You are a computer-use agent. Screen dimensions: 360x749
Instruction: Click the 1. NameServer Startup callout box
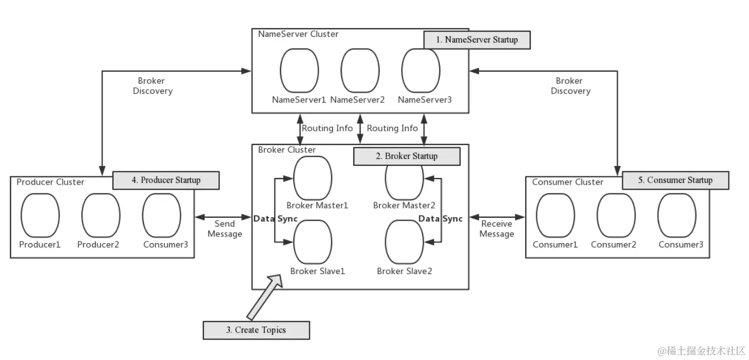[x=477, y=40]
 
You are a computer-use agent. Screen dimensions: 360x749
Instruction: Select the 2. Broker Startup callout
[x=406, y=156]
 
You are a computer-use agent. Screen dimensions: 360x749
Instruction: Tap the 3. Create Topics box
[x=256, y=330]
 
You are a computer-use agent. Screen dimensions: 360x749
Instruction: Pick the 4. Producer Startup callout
[x=166, y=180]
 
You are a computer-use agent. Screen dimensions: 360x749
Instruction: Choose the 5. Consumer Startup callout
[x=675, y=180]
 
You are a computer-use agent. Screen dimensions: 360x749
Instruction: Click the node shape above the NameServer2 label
[x=360, y=70]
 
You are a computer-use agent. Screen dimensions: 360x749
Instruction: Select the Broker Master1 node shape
[x=312, y=176]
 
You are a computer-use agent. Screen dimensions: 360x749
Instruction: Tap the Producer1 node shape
[x=40, y=215]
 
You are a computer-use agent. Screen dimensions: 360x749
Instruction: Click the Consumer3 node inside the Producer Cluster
[x=161, y=215]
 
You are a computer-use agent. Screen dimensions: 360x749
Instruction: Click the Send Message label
[x=224, y=229]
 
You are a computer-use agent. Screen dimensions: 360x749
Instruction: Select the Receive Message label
[x=497, y=229]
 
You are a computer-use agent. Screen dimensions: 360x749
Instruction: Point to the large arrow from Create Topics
[x=264, y=296]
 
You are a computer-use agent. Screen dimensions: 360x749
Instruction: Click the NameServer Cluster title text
[x=298, y=34]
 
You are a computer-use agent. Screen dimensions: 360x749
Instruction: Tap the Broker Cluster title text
[x=287, y=150]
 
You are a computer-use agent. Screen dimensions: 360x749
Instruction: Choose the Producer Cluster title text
[x=50, y=182]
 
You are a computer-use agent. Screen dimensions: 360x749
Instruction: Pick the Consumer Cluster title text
[x=568, y=182]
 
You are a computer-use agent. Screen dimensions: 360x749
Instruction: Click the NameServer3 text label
[x=424, y=100]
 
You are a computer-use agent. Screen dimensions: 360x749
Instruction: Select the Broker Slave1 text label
[x=317, y=271]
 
